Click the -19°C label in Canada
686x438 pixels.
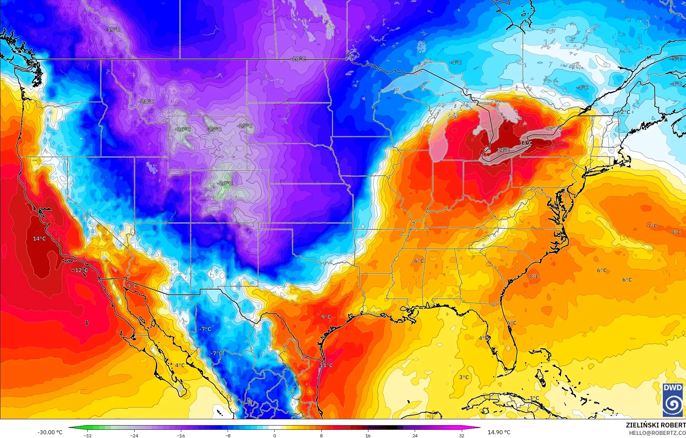click(113, 30)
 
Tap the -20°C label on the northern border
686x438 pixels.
click(299, 59)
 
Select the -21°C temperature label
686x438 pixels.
click(147, 101)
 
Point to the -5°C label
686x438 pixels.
click(676, 59)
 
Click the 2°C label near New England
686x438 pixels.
click(625, 112)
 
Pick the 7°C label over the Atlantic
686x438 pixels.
click(652, 226)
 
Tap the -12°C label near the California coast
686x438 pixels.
click(80, 270)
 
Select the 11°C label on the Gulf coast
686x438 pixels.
click(326, 365)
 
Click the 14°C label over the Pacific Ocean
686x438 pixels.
click(39, 239)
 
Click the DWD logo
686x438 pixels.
click(673, 400)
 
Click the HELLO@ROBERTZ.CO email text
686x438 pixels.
click(657, 433)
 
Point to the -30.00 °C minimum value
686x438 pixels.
click(50, 432)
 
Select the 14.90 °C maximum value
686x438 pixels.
click(499, 432)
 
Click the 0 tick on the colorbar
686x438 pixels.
click(275, 435)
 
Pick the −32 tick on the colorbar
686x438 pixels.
click(88, 435)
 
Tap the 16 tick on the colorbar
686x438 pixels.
click(368, 435)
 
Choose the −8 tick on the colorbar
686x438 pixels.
click(228, 435)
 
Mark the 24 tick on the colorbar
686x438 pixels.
click(415, 435)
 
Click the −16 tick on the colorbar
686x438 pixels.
click(181, 435)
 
